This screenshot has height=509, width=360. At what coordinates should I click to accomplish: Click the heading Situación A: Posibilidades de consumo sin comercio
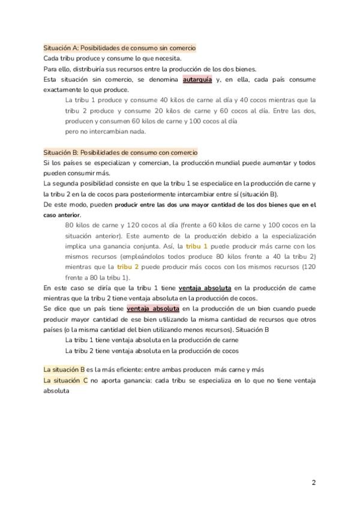click(x=119, y=47)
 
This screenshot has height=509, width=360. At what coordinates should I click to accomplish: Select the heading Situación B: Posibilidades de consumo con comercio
click(x=121, y=152)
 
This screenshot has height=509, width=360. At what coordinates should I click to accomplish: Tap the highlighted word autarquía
click(x=197, y=79)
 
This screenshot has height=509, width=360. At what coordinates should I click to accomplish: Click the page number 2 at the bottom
click(x=313, y=482)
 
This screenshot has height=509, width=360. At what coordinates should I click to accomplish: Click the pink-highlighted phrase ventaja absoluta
click(x=152, y=309)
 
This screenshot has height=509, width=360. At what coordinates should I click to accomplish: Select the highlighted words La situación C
click(x=65, y=381)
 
